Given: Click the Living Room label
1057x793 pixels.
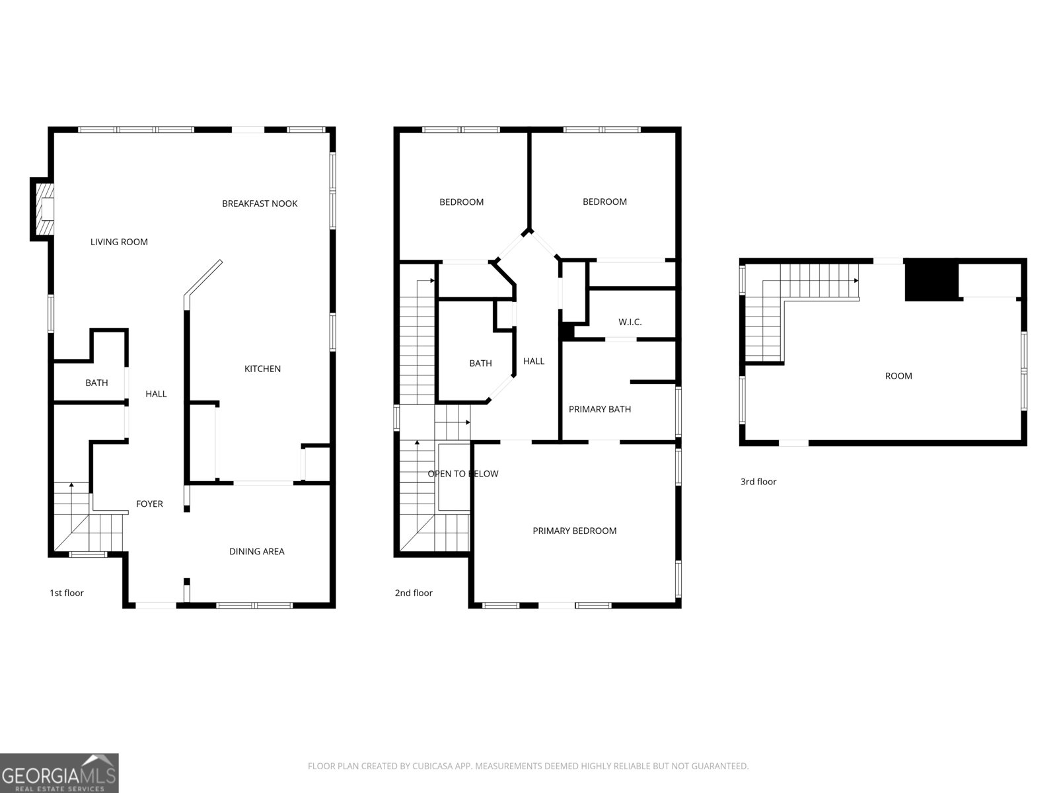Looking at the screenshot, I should (x=119, y=242).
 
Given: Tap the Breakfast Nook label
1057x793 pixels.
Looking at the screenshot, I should (x=260, y=204).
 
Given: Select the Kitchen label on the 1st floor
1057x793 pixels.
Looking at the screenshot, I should (x=262, y=369).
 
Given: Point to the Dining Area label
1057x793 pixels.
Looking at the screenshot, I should (x=256, y=551).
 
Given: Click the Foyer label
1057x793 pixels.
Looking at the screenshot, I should (x=149, y=504).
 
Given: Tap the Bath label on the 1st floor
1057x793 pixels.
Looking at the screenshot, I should (x=96, y=383).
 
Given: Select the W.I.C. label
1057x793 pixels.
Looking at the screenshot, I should (x=630, y=322).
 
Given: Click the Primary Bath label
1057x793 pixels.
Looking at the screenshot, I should (x=599, y=409).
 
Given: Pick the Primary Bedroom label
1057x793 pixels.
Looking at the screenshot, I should (x=574, y=531).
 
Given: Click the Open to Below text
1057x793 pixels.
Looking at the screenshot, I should (x=462, y=474).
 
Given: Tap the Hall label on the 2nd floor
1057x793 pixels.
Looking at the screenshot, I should (x=533, y=361).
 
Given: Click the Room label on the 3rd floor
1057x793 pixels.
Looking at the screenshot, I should (x=898, y=376).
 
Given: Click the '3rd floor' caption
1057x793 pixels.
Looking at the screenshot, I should (x=758, y=482).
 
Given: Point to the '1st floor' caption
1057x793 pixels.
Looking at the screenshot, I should (x=66, y=593).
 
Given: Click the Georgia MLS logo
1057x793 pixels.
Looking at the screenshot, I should (x=59, y=773).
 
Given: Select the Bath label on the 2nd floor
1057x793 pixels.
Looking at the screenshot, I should (x=480, y=363).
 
